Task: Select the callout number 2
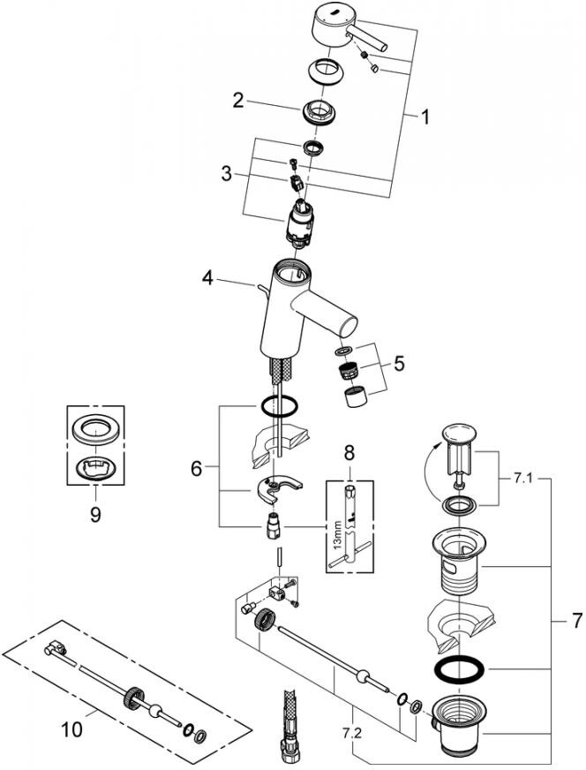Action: (x=237, y=102)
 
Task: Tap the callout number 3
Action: (x=228, y=174)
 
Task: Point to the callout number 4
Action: (x=207, y=279)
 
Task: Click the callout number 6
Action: (x=196, y=468)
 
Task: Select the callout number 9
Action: (x=95, y=512)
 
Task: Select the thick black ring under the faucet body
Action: (x=277, y=407)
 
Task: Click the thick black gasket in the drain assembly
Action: (x=460, y=668)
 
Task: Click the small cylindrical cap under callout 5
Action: (x=356, y=397)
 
